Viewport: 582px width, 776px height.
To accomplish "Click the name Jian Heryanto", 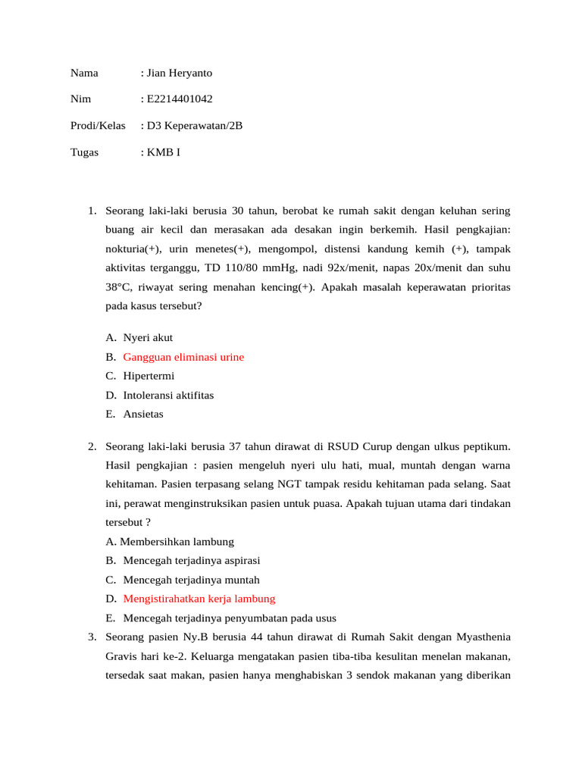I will [180, 74].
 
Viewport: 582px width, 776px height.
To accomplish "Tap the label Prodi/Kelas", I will [98, 126].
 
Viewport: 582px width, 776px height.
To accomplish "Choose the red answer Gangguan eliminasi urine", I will [183, 357].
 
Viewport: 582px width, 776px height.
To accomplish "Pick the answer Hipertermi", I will [149, 376].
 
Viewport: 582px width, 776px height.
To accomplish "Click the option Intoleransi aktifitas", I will [168, 396].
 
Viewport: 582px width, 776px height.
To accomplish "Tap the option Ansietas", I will [143, 415].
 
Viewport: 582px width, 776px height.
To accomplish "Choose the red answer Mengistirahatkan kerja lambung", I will [199, 599].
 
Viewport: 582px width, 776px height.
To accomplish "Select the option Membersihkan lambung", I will [177, 542].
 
